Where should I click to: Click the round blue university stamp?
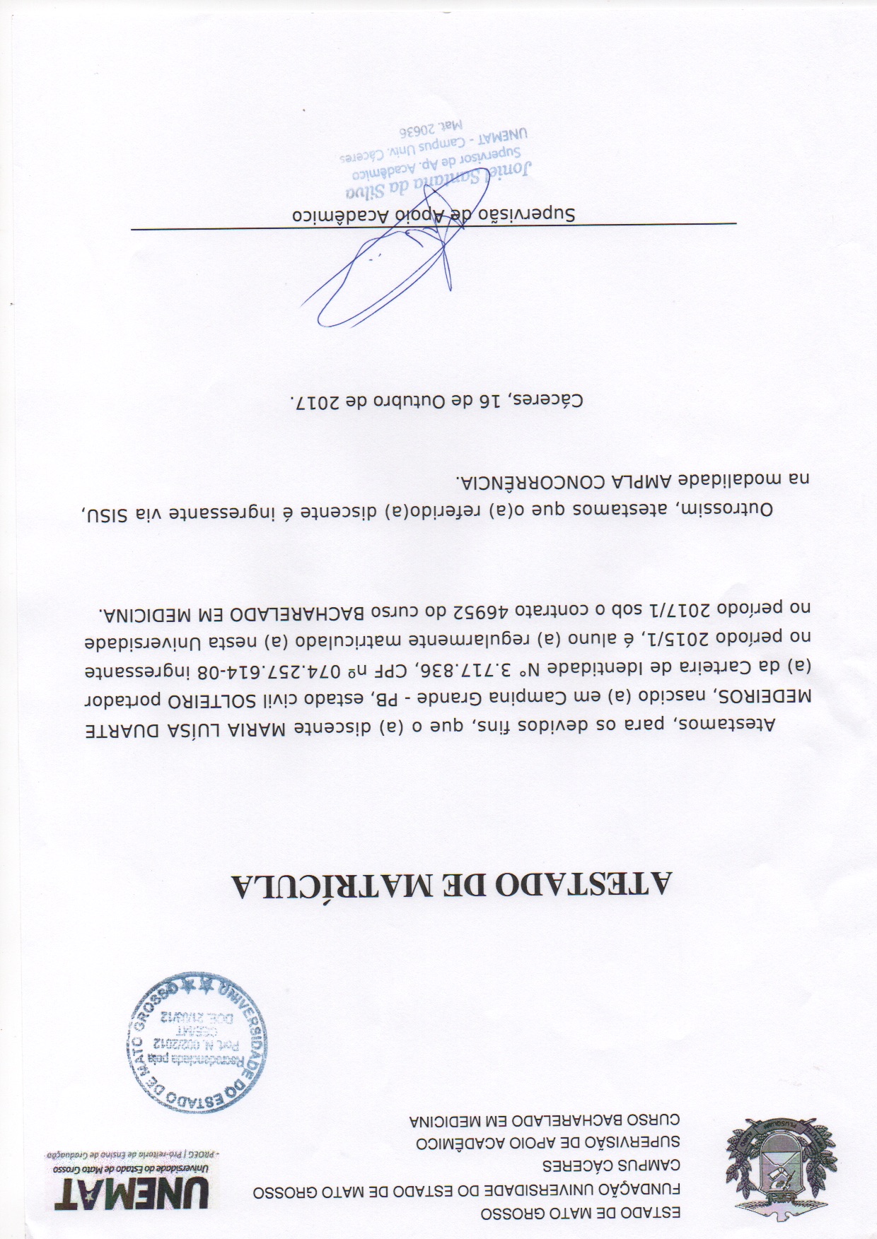coord(196,1041)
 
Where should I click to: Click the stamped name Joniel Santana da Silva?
coord(438,184)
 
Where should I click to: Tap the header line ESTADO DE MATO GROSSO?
coord(580,1214)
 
